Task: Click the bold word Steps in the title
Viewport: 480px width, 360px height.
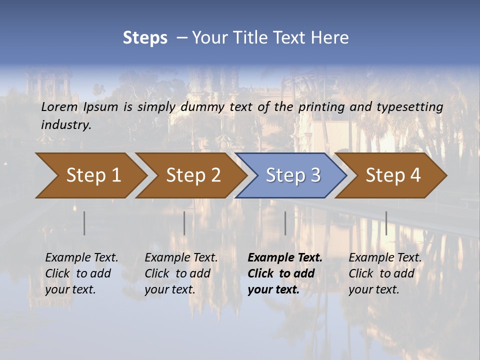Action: coord(145,38)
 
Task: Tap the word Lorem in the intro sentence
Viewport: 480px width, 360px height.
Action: coord(59,106)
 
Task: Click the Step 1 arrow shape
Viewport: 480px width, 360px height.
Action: coord(90,175)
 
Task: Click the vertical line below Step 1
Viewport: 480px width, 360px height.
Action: coord(84,223)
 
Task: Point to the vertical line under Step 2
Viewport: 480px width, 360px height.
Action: coord(184,223)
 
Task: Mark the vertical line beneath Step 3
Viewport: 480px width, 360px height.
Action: coord(285,223)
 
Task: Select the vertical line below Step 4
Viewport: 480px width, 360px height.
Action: coord(386,223)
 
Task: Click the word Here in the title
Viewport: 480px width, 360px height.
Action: coord(330,38)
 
